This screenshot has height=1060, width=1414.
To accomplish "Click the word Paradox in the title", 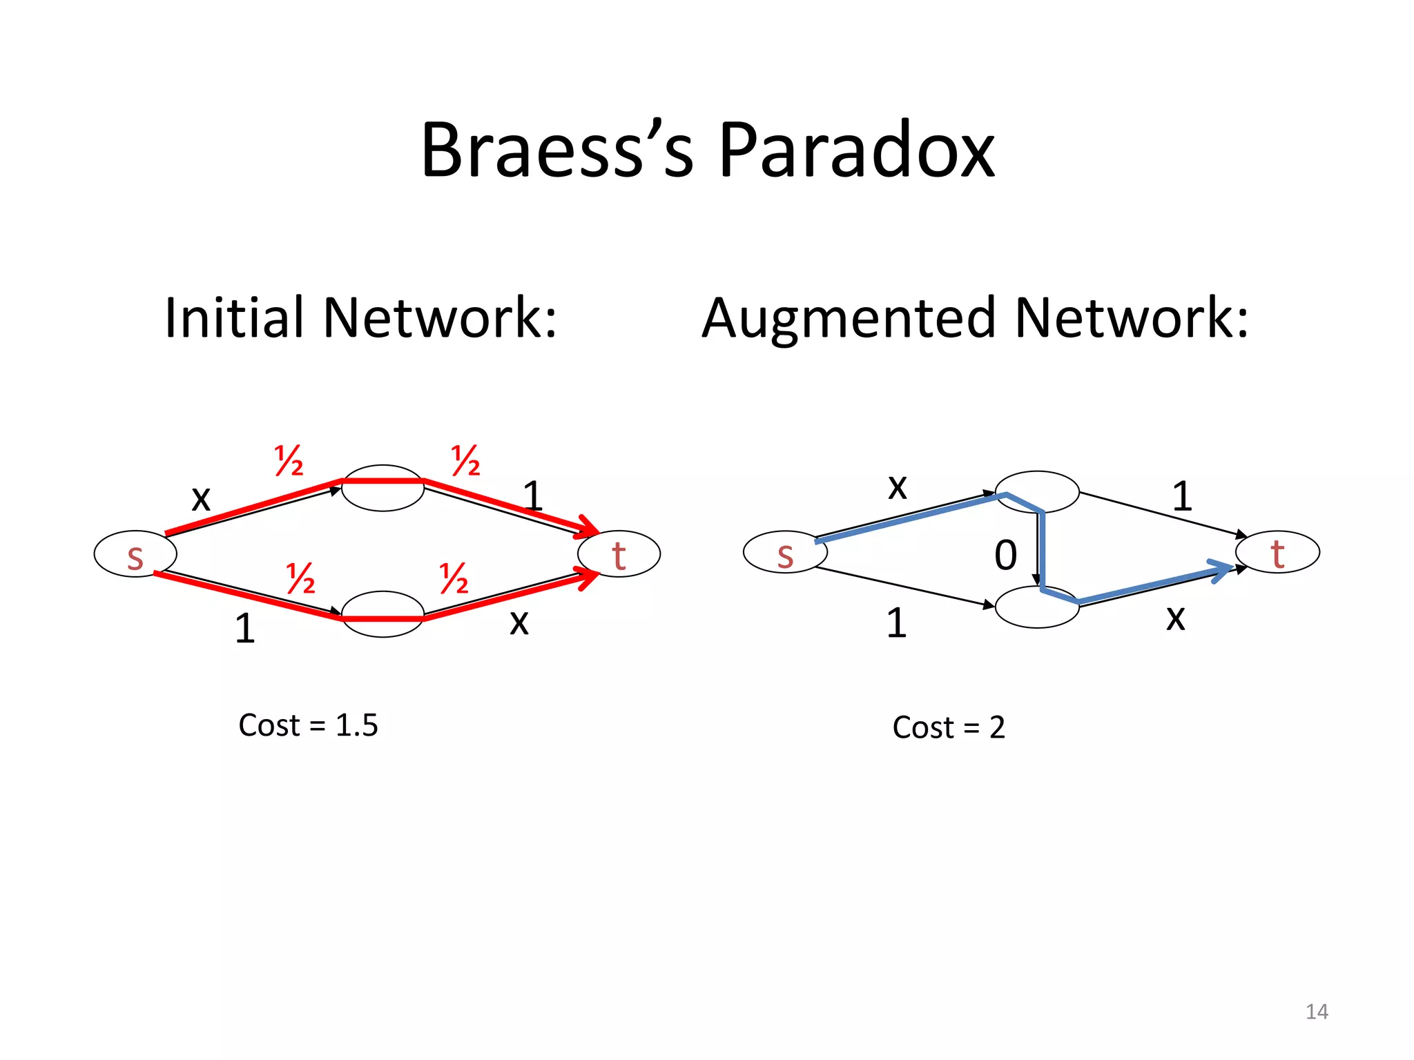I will point(856,150).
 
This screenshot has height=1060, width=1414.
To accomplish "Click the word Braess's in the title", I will point(556,150).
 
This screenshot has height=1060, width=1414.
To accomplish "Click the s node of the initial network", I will point(135,554).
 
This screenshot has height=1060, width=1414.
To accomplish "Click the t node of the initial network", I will point(619,554).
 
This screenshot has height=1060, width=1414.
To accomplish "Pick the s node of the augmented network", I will point(785,553).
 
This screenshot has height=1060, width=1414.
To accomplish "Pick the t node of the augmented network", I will point(1277,552).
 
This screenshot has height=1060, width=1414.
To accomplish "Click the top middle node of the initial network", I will point(383,489).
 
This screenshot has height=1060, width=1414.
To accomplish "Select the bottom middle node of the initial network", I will point(383,614).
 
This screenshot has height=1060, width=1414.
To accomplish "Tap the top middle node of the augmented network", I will point(1037,491).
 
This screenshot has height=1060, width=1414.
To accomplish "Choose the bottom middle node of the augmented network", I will point(1037,607).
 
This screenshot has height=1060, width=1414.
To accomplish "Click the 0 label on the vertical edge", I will point(1006,555).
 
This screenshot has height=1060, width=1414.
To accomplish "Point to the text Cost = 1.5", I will point(308,725).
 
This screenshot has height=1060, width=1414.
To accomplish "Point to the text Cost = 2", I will point(949,727).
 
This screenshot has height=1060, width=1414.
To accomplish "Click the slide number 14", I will point(1317,1012).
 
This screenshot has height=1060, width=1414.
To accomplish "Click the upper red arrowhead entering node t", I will point(589,527).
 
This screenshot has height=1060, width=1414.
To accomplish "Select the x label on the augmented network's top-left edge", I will point(897,487).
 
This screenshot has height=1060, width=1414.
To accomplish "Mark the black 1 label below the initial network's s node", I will point(245,628).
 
